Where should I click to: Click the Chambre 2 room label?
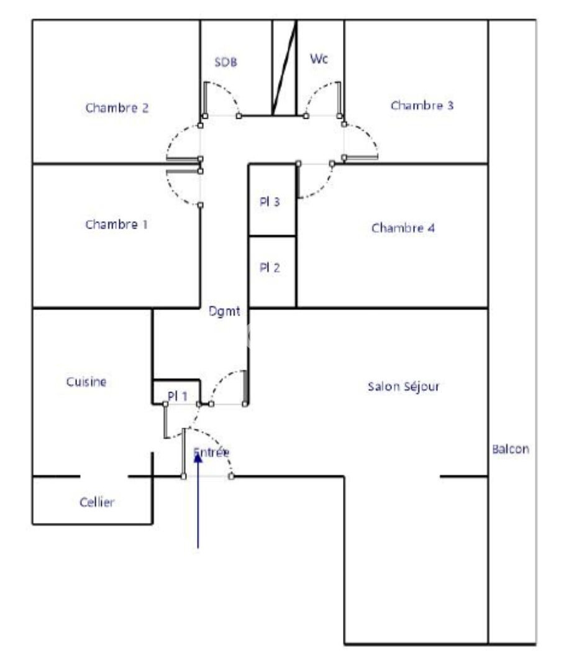117,108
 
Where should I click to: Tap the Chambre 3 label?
422,105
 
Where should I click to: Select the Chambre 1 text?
116,224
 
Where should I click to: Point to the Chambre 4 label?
403,227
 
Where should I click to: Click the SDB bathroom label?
225,62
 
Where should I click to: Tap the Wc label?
319,58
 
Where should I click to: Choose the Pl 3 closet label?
270,201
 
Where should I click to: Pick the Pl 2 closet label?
270,267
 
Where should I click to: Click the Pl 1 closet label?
178,396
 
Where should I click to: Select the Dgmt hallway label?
224,311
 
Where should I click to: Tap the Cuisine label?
86,381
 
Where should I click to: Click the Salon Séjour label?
403,386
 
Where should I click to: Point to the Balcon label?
510,449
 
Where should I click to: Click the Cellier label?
97,502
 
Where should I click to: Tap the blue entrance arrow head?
198,458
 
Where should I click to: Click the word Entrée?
211,452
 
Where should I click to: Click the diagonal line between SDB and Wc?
284,68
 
